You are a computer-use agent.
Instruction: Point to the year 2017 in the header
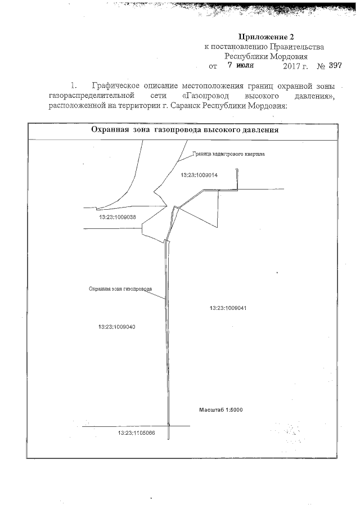[x=293, y=66]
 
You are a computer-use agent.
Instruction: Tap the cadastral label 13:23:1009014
[x=199, y=175]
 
